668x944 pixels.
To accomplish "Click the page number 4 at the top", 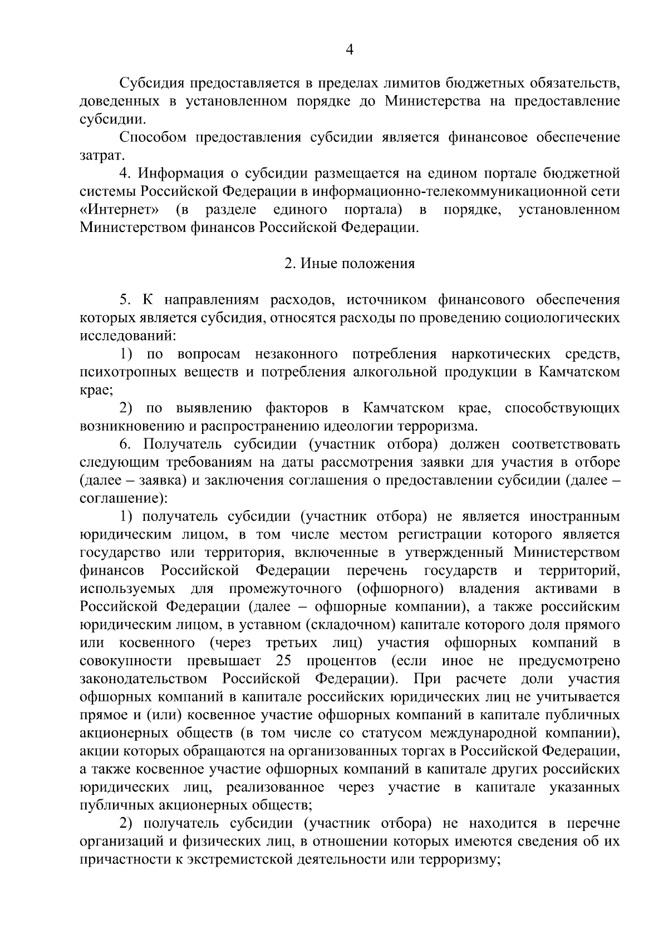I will [x=350, y=50].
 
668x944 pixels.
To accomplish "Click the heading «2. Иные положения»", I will [x=350, y=264].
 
